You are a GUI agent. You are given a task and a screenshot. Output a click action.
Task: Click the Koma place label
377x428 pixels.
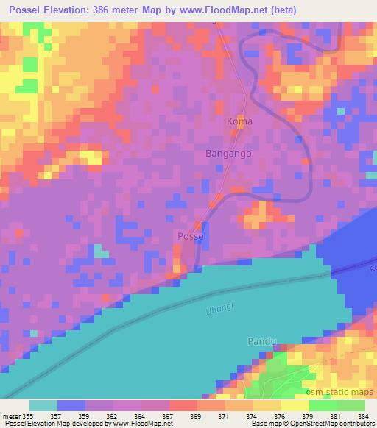click(x=240, y=121)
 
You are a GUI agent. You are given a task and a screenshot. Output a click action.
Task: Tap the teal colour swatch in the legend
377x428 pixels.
click(x=43, y=405)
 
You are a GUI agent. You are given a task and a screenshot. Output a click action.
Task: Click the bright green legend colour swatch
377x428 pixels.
click(x=323, y=405)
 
